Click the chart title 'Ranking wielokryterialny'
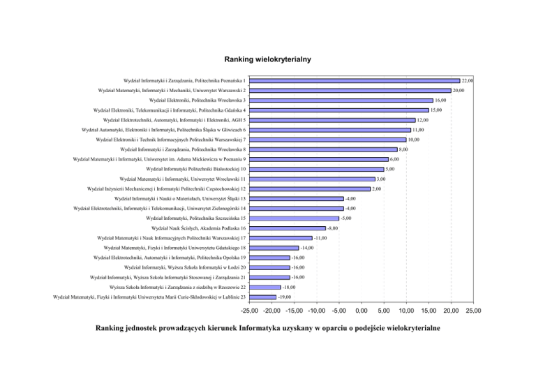267,61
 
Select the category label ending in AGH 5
173,120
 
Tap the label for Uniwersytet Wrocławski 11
183,179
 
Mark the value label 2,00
377,188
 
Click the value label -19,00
285,297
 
